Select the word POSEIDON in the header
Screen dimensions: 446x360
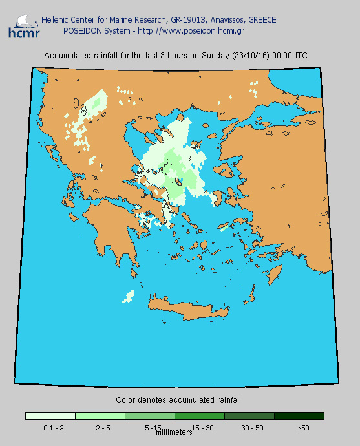pyautogui.click(x=82, y=30)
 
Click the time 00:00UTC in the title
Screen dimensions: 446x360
pyautogui.click(x=290, y=56)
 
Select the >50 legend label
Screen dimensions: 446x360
pyautogui.click(x=303, y=428)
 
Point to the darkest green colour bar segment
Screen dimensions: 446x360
pyautogui.click(x=299, y=416)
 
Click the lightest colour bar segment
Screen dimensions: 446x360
pyautogui.click(x=50, y=416)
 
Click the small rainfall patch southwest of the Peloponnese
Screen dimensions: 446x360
pyautogui.click(x=128, y=297)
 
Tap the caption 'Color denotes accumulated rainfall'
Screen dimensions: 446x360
pyautogui.click(x=178, y=400)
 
